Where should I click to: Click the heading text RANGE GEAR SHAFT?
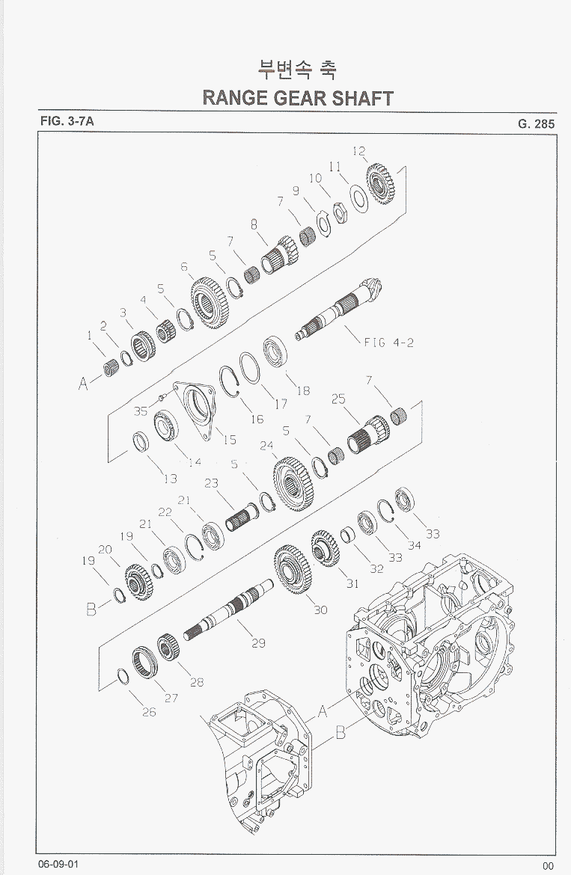click(x=298, y=98)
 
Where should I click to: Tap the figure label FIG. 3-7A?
click(x=67, y=121)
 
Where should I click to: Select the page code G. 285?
click(x=536, y=124)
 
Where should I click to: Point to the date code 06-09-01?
click(x=58, y=864)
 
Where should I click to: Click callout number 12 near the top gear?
click(x=359, y=150)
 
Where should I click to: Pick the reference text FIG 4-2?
click(x=389, y=342)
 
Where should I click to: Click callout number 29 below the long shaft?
click(x=258, y=643)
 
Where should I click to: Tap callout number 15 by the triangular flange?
click(x=230, y=440)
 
